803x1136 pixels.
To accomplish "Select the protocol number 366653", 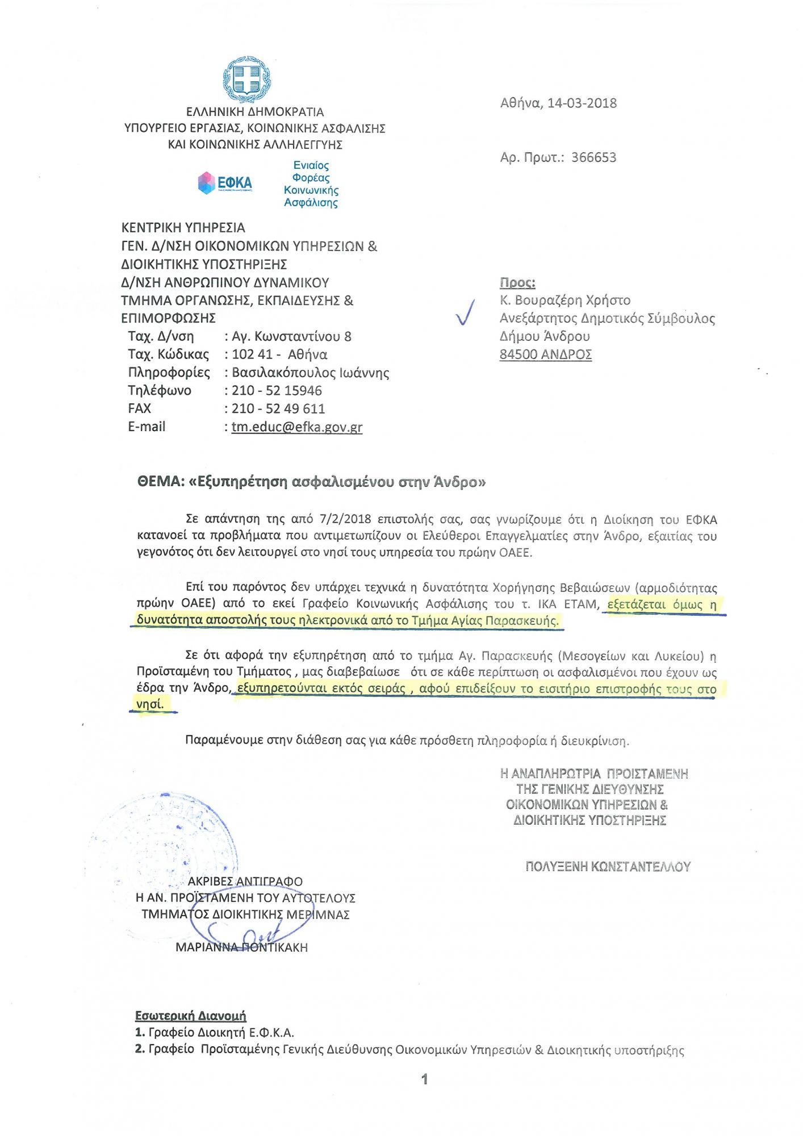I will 593,157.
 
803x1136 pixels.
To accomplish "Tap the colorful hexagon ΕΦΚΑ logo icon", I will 206,183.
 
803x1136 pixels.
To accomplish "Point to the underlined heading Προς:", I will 517,283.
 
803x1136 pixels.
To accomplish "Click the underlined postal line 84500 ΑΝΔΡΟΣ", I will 546,355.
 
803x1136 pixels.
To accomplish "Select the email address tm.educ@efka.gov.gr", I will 297,427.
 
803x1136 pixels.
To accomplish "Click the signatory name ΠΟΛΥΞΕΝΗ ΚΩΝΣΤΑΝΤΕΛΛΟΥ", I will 608,867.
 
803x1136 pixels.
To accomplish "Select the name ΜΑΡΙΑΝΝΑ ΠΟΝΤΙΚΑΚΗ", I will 241,947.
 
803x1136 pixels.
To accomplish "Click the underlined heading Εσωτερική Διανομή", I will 190,1016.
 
